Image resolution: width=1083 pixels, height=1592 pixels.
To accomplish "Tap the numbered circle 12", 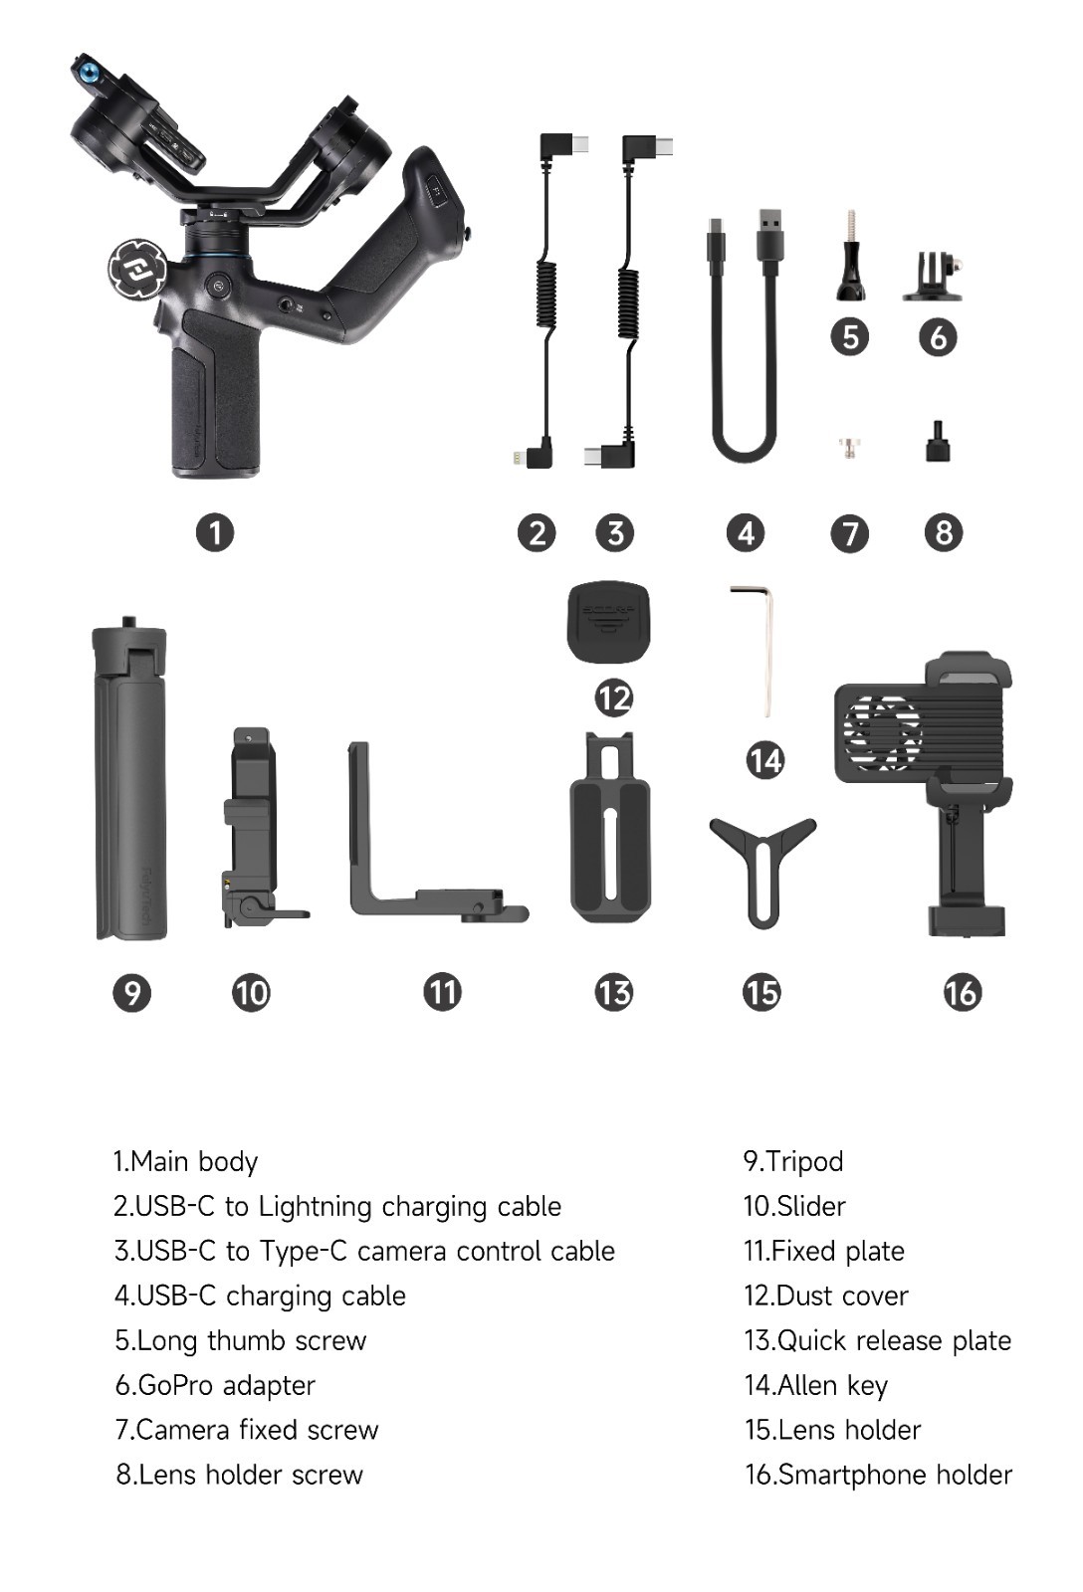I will [613, 697].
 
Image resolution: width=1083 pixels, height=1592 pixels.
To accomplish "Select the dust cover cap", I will [608, 623].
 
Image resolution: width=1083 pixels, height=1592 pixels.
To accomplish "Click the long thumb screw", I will [850, 259].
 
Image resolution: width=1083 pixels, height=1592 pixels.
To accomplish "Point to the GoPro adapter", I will [935, 277].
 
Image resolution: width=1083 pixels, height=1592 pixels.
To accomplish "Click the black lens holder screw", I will [937, 442].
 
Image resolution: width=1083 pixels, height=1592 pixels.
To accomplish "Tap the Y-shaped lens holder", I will [761, 864].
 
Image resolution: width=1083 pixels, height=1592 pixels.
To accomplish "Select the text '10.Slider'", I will [794, 1207].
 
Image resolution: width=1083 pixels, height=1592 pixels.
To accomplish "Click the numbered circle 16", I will [962, 992].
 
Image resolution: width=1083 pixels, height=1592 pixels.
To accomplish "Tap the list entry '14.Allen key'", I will [815, 1385].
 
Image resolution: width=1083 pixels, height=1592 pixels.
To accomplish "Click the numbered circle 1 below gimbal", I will [215, 532].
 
